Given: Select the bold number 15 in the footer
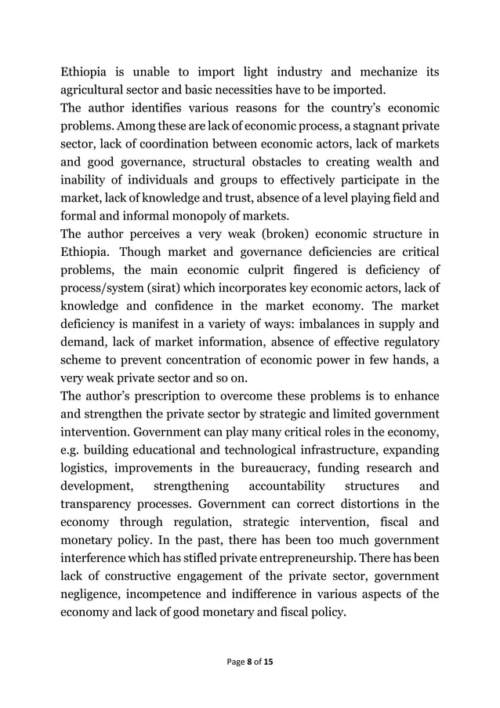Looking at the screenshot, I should click(268, 662).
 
